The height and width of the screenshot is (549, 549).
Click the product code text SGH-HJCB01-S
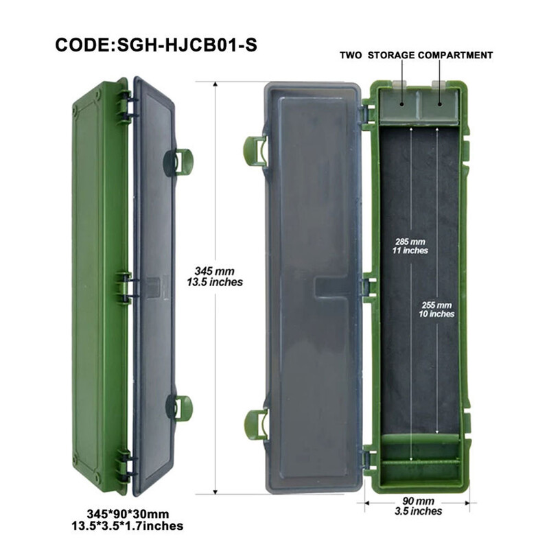(187, 45)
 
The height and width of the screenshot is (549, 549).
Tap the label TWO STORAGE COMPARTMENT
(417, 56)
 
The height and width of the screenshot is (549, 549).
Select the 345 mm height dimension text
(215, 270)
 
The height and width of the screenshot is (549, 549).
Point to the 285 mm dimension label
(410, 242)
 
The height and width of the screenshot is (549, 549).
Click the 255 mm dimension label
(436, 305)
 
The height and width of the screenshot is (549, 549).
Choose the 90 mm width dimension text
(418, 501)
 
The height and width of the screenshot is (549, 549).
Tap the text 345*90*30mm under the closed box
(128, 514)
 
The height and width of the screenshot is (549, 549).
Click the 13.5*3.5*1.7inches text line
(128, 526)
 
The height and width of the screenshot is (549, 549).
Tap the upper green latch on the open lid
(255, 151)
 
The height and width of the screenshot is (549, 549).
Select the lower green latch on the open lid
(255, 425)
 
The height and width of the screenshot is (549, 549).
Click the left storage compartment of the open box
(399, 104)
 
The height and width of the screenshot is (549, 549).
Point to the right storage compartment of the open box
(439, 104)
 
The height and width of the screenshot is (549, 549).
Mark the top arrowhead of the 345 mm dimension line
(215, 84)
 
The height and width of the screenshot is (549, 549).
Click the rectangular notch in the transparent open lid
(330, 287)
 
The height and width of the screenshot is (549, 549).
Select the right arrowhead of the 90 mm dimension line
(467, 504)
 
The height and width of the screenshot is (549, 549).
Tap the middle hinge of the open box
(368, 288)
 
